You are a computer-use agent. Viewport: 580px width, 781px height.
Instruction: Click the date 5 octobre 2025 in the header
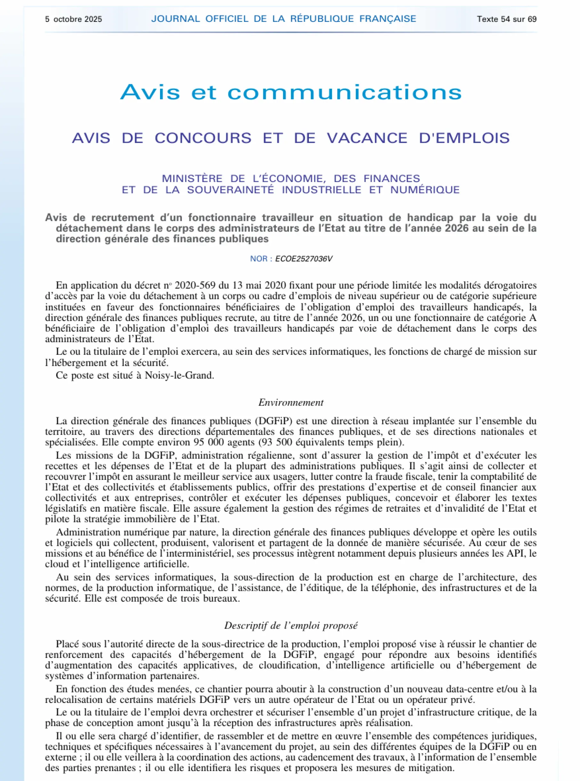click(x=73, y=19)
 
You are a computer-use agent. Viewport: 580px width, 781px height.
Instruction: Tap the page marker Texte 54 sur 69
click(x=506, y=19)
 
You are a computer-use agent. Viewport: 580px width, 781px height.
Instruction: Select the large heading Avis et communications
click(x=291, y=92)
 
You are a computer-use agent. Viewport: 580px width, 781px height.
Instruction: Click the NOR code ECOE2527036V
click(x=304, y=259)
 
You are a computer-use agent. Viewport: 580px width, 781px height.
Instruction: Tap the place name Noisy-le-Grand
click(x=179, y=375)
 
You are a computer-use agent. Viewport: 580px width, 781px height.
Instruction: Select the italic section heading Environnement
click(x=291, y=403)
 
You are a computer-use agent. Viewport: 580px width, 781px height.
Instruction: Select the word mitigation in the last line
click(x=428, y=768)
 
